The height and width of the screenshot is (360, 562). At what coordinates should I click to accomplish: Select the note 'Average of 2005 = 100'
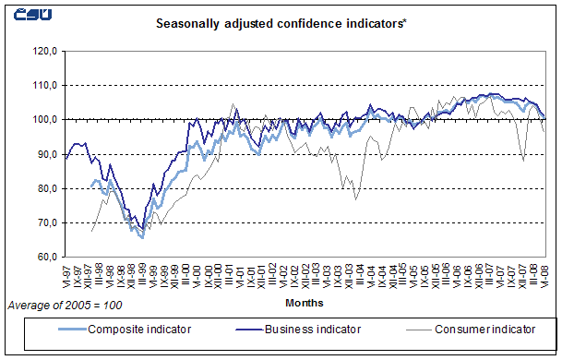click(x=65, y=304)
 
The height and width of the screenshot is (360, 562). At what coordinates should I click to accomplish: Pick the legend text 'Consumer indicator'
click(x=484, y=327)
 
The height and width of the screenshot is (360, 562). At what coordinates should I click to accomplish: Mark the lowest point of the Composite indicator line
click(x=142, y=237)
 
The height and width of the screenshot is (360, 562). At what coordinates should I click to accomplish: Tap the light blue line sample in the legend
click(x=53, y=327)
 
